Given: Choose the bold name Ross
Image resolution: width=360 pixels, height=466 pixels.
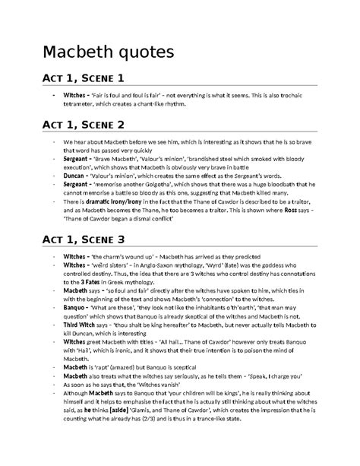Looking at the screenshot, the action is point(287,209).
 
